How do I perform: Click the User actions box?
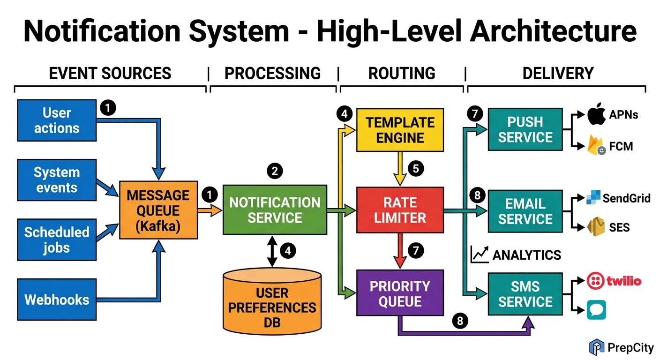point(56,120)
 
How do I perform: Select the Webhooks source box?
point(56,300)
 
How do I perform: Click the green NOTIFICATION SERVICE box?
point(275,210)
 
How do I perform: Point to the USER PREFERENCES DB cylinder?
point(272,300)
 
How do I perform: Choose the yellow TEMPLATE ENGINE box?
point(400,130)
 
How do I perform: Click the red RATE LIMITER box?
point(400,210)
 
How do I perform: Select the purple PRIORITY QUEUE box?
point(400,293)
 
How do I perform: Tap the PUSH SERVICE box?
point(525,130)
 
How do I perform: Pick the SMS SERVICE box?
point(525,294)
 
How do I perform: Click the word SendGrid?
point(626,198)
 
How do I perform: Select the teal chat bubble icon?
point(596,310)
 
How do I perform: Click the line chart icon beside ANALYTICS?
point(479,255)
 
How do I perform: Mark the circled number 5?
point(416,168)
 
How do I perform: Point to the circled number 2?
point(275,171)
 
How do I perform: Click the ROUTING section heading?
point(402,74)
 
